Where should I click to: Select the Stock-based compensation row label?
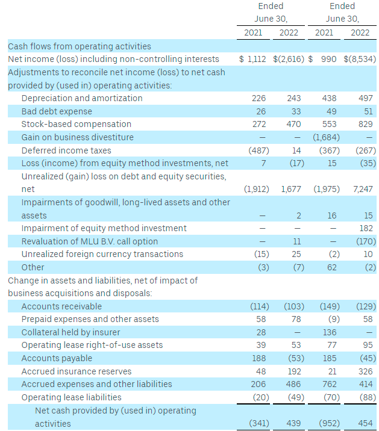[x=76, y=124]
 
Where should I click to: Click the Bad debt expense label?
[x=57, y=111]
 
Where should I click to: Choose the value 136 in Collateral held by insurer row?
[x=330, y=332]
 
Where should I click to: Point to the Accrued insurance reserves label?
[x=76, y=371]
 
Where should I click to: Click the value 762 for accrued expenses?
[x=330, y=384]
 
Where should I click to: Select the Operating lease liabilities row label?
[x=71, y=397]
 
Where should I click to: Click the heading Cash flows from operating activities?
[x=80, y=46]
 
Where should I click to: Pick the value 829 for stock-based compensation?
[x=365, y=124]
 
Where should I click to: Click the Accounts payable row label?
[x=56, y=358]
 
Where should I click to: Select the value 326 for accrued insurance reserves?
[x=365, y=371]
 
